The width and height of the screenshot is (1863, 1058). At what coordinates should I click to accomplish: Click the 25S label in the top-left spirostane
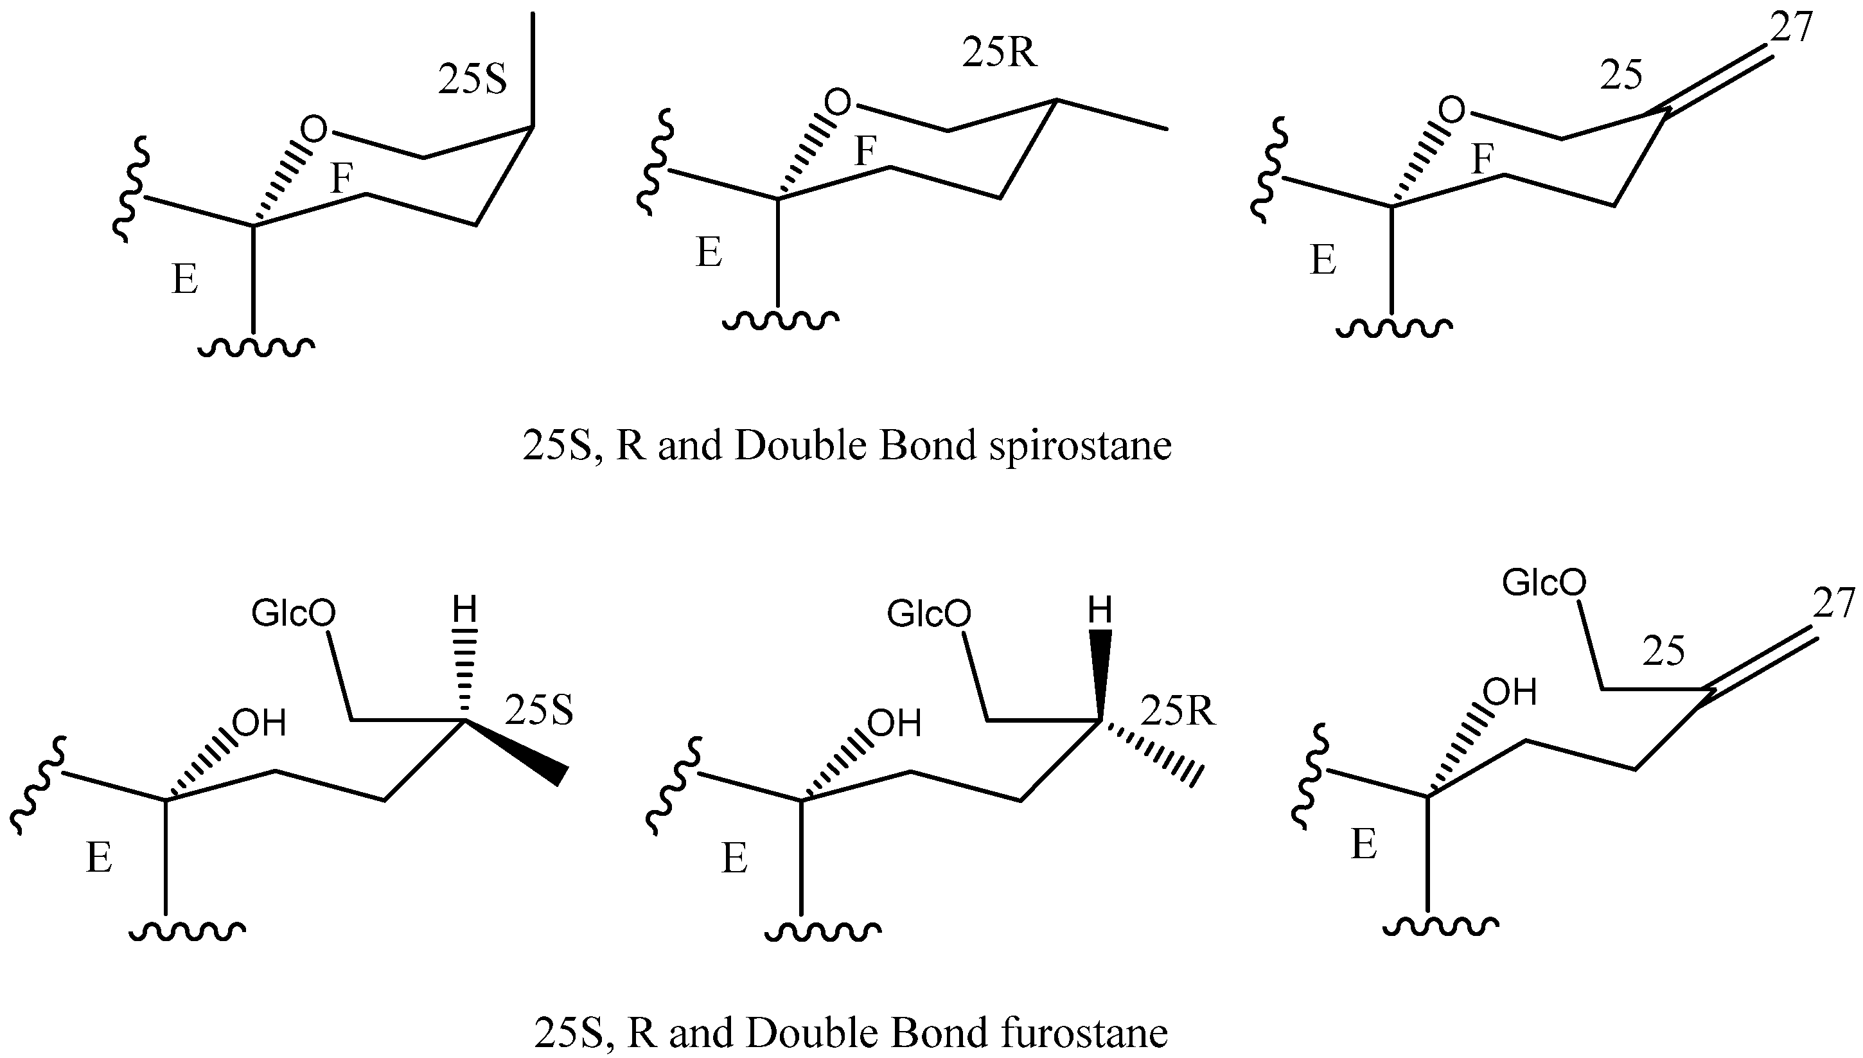click(x=472, y=80)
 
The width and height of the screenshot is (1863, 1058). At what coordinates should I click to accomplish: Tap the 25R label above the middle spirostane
click(x=999, y=53)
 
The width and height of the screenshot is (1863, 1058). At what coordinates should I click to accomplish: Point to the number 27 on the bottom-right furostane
click(x=1833, y=603)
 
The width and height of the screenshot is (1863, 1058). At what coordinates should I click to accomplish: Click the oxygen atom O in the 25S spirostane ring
click(x=314, y=130)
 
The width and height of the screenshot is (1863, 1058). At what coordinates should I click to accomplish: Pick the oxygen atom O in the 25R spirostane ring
click(x=838, y=102)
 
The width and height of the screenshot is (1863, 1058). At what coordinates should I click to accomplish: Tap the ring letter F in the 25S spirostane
click(x=342, y=179)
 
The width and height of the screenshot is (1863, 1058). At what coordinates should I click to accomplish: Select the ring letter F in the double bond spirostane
click(x=1482, y=159)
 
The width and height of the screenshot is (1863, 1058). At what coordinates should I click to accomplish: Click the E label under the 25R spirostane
click(x=709, y=253)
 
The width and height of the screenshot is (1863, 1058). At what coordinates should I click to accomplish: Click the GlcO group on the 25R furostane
click(x=928, y=615)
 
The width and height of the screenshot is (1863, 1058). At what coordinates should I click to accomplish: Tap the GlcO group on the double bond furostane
click(x=1544, y=583)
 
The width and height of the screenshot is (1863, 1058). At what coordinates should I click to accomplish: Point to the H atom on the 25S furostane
click(x=464, y=610)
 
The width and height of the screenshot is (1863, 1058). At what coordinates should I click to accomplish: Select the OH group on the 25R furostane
click(x=894, y=724)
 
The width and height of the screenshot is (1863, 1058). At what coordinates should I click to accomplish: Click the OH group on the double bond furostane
click(x=1510, y=692)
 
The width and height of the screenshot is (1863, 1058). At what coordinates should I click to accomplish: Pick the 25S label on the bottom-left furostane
click(x=538, y=710)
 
